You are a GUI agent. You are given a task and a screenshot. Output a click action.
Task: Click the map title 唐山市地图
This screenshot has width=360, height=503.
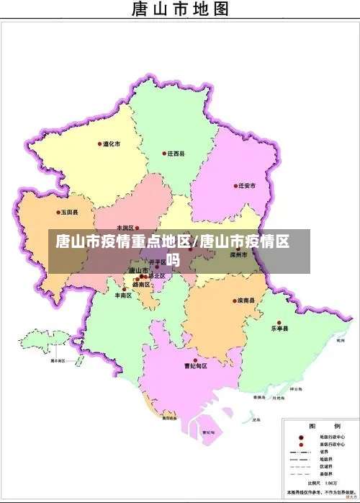pyautogui.click(x=180, y=9)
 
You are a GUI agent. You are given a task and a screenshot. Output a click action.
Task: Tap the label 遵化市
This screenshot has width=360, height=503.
pyautogui.click(x=112, y=144)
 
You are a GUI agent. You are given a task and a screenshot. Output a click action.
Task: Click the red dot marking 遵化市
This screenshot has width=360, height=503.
pyautogui.click(x=100, y=144)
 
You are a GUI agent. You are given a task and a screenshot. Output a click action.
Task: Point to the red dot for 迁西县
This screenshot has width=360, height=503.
pyautogui.click(x=165, y=153)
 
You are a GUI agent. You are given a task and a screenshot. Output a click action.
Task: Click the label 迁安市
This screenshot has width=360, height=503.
pyautogui.click(x=248, y=186)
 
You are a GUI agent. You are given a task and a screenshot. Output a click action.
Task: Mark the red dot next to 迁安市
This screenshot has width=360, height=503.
pyautogui.click(x=235, y=186)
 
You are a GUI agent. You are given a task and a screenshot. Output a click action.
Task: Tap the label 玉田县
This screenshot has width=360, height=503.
pyautogui.click(x=69, y=213)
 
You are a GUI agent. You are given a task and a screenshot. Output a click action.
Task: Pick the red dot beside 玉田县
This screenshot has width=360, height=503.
pyautogui.click(x=58, y=213)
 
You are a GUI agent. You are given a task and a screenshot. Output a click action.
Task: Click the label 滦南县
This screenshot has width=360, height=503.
pyautogui.click(x=246, y=301)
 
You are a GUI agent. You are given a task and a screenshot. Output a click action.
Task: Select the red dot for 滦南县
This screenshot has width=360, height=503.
pyautogui.click(x=235, y=301)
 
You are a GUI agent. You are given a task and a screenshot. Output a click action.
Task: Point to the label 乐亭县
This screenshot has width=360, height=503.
pyautogui.click(x=279, y=329)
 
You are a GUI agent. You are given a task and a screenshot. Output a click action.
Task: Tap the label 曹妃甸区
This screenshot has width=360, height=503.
pyautogui.click(x=195, y=366)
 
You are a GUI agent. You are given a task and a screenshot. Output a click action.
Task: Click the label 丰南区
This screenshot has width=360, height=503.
pyautogui.click(x=123, y=295)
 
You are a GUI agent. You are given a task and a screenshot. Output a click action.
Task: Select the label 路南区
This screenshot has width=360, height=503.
pyautogui.click(x=141, y=285)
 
